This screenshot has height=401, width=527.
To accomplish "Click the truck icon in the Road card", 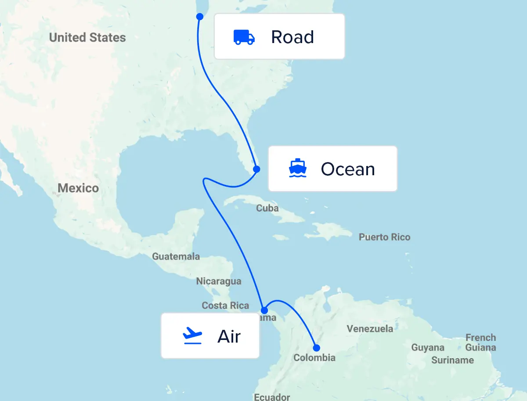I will point(244,37).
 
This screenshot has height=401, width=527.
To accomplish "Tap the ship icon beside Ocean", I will point(297,168).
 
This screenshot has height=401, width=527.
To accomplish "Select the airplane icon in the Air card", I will point(192,336).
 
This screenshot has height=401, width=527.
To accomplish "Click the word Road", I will point(292,37).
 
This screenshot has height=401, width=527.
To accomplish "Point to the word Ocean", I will point(348,169).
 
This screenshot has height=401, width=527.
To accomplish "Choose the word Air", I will point(229,336).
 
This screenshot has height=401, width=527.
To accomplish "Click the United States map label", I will point(87,38).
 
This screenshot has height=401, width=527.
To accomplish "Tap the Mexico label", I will point(78,188).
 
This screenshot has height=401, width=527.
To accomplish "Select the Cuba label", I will point(267,208).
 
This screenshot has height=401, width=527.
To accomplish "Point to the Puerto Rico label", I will point(384,237).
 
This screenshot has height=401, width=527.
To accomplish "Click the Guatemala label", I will point(176,256).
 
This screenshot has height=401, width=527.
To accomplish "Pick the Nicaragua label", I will point(218,281).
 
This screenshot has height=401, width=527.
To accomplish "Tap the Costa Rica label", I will point(225,305).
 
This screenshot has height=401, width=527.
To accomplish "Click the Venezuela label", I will point(370,329).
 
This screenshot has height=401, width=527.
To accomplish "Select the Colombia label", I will point(314,358).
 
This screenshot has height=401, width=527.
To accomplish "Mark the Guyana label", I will point(428,348).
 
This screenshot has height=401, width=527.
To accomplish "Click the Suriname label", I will point(452,360).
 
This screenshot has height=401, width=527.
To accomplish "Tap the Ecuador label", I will point(272,397).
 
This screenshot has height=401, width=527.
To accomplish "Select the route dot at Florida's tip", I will point(256,169).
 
